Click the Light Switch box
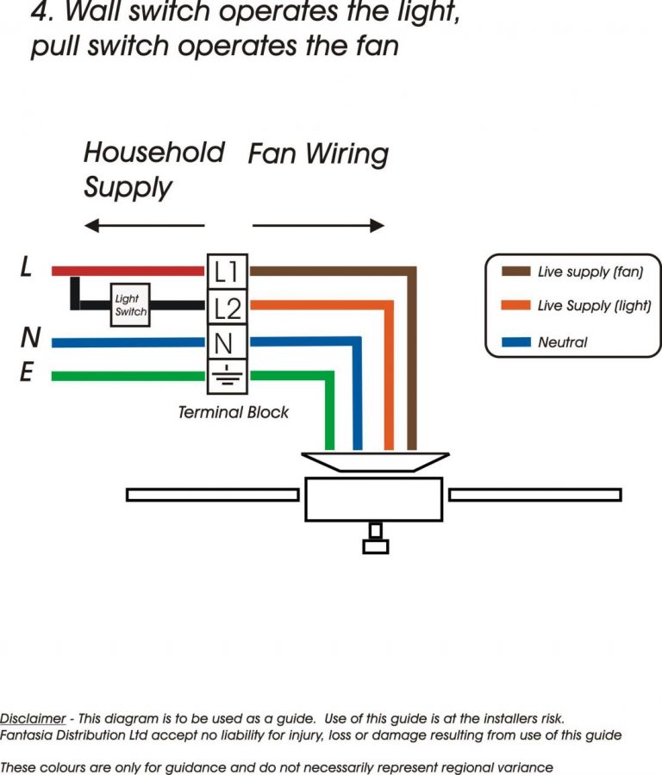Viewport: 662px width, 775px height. tap(131, 305)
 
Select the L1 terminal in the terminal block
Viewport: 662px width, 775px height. tap(228, 271)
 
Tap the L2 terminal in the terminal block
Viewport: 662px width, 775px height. tap(228, 307)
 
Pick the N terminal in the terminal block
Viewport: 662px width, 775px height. tap(226, 342)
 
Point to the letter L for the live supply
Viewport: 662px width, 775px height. tap(27, 268)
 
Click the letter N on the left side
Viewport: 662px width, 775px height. tap(28, 338)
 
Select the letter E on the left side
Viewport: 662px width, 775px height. tap(28, 373)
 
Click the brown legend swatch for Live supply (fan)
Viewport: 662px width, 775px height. tap(515, 272)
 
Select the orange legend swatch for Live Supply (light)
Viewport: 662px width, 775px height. tap(515, 306)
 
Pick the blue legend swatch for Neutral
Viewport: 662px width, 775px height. tap(515, 342)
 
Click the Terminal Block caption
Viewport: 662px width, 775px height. tap(233, 412)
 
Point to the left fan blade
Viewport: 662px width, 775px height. tap(212, 495)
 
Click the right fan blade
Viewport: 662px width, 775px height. tap(534, 495)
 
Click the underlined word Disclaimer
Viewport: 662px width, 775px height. tap(33, 718)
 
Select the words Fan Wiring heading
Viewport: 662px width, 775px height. tap(318, 154)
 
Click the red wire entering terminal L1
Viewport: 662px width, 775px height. tap(129, 271)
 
